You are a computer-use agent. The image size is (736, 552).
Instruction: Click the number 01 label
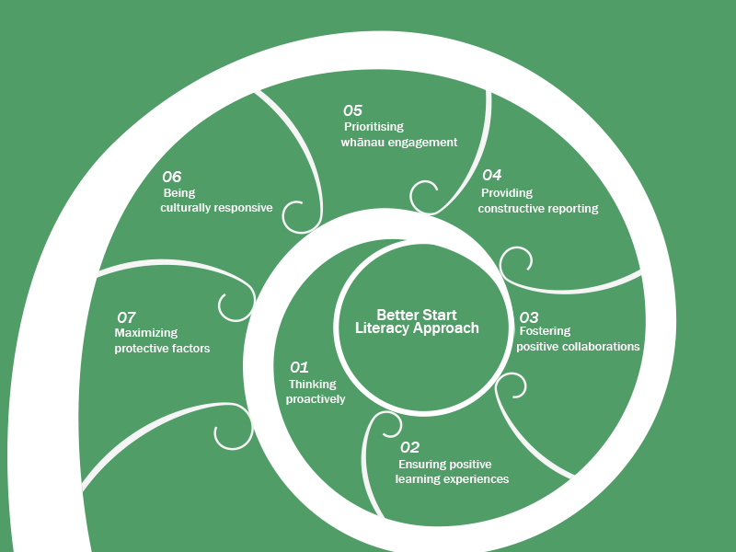point(299,367)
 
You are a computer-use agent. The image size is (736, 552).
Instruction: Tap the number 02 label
point(409,447)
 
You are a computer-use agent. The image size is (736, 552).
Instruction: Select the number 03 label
point(529,316)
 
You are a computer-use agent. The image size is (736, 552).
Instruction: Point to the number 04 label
point(491,175)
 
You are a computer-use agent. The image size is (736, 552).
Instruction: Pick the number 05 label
point(352,110)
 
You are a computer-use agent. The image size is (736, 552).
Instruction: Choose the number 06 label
point(172,177)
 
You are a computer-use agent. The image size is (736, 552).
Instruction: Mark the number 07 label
point(126,316)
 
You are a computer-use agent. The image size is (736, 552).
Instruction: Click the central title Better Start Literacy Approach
point(417,321)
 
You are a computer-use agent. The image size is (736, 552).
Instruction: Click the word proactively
point(316,399)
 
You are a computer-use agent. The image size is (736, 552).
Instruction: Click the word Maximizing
point(146,333)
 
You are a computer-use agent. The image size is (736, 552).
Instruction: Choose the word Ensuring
point(422,464)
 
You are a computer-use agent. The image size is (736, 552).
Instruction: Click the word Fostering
point(546,331)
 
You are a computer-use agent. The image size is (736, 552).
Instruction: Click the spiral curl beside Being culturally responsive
point(297,217)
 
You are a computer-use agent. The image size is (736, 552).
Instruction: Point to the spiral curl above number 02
point(385,426)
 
